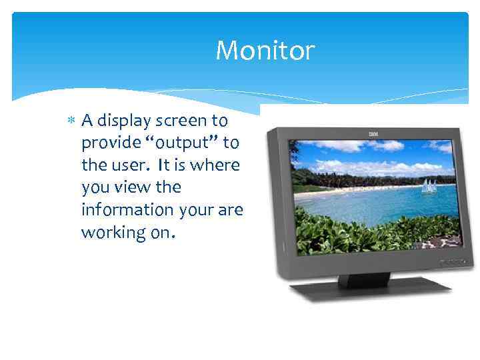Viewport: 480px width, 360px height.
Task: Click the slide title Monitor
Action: point(265,51)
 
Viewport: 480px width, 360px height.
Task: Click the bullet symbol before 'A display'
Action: point(71,121)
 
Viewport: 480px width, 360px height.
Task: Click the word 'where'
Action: point(220,165)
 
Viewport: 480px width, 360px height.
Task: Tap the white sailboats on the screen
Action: point(429,186)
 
